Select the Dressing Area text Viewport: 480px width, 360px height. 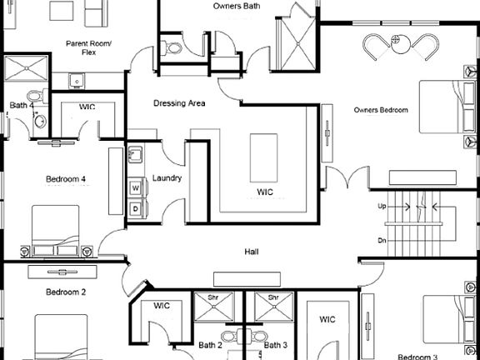click(179, 104)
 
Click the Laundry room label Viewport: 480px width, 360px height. click(167, 178)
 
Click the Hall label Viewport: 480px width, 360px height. click(251, 252)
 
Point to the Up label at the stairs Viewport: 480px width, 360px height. click(382, 206)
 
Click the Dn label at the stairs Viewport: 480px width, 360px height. click(382, 241)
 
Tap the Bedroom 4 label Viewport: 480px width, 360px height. click(66, 178)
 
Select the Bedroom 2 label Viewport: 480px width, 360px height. click(66, 292)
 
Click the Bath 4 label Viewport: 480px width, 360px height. click(22, 106)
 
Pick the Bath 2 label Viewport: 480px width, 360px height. click(210, 345)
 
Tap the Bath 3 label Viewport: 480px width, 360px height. click(276, 345)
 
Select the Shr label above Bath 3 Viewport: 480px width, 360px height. click(271, 297)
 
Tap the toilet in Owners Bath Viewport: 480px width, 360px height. click(173, 48)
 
